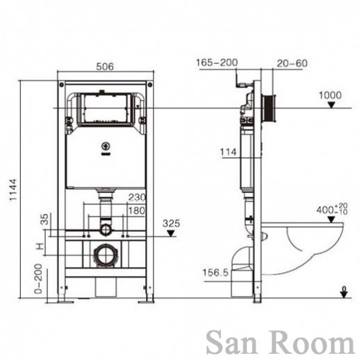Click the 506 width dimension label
(105, 67)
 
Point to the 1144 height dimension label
(13, 190)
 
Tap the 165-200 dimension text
(217, 63)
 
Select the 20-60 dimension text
(292, 63)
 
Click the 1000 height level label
(330, 95)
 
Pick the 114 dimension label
(228, 152)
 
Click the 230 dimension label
(137, 197)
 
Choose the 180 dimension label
(137, 211)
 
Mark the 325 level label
(171, 224)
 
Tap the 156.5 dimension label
(215, 272)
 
